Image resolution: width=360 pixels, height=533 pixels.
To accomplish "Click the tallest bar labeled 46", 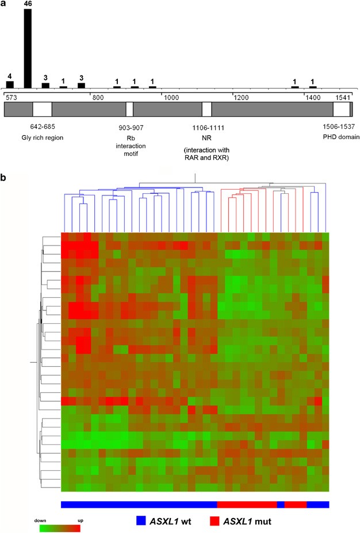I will point(27,48).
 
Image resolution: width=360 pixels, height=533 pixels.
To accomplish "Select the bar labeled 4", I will point(10,84).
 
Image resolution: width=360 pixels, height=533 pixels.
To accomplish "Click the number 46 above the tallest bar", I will point(27,4).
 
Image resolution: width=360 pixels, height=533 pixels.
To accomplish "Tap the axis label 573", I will point(11,98).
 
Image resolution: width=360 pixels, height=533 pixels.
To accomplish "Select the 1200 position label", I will point(241,98).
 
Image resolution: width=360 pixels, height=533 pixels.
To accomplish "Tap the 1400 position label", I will point(312,98).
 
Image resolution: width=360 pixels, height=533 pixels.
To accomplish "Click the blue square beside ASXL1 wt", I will point(140,521).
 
